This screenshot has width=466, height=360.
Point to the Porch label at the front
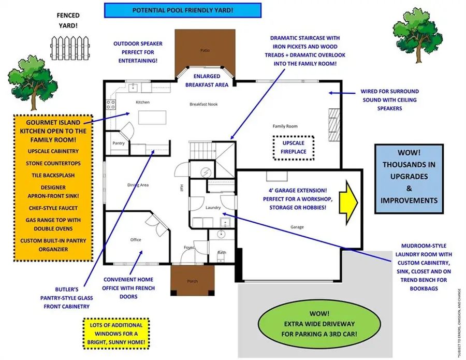(x=192, y=281)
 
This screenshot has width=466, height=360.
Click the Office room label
(x=136, y=239)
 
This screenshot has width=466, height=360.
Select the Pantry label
(x=118, y=143)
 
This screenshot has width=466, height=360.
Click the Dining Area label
(x=138, y=184)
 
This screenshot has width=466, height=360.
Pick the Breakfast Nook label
(x=203, y=104)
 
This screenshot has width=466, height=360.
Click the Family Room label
(x=285, y=126)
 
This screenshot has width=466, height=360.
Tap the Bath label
(x=222, y=252)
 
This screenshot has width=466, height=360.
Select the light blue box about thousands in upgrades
(x=409, y=179)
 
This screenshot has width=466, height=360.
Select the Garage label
(x=297, y=227)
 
